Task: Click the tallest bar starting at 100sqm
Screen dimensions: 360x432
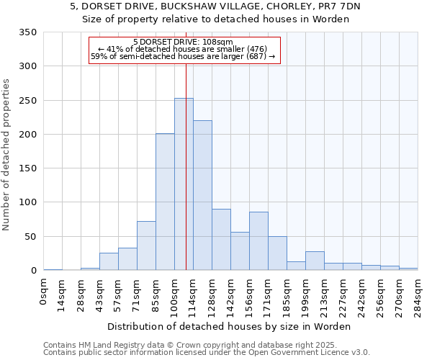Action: [x=184, y=184]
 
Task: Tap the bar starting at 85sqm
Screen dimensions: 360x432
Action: [x=165, y=202]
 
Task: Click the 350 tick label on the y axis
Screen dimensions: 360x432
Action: [x=27, y=32]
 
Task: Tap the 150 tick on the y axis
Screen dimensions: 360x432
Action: [x=27, y=168]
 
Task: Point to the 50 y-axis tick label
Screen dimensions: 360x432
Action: [x=30, y=237]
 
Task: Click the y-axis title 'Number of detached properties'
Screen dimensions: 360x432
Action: [x=6, y=155]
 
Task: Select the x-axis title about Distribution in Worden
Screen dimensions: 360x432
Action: [x=230, y=326]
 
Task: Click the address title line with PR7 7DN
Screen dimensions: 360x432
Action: [x=215, y=6]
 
